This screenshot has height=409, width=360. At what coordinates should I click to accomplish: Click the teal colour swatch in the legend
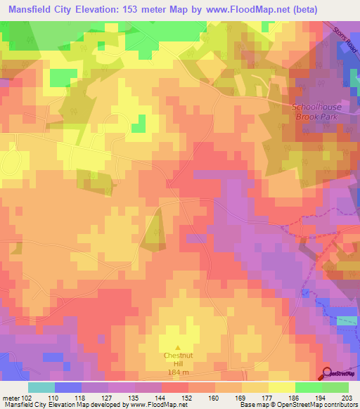[41, 387]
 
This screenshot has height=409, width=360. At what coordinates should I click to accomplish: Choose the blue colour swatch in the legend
[68, 387]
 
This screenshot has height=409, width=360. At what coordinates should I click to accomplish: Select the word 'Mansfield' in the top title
[30, 10]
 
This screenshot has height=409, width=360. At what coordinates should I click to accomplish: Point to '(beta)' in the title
[296, 10]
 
